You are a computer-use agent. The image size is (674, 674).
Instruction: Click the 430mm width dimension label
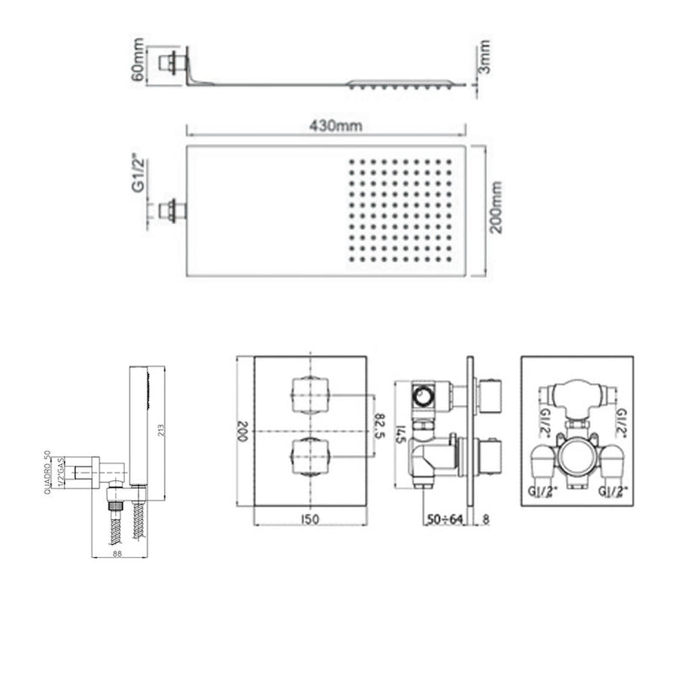(326, 125)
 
